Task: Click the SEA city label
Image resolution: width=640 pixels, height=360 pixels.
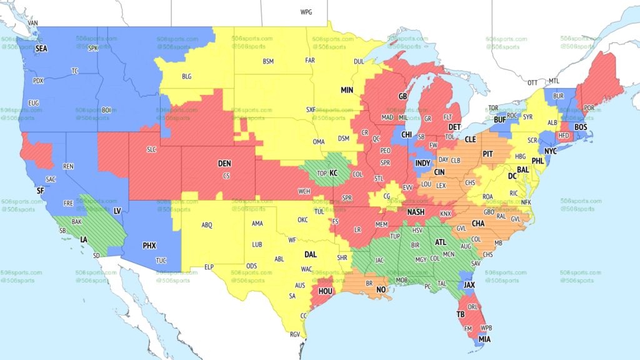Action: (41, 48)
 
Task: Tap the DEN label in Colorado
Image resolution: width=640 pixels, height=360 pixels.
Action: (224, 163)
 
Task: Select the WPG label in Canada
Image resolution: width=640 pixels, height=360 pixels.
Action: (306, 12)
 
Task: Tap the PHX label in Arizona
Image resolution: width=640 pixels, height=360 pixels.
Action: (149, 246)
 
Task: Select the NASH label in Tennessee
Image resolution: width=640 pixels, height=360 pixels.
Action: (416, 212)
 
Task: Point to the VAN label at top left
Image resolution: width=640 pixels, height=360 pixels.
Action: (33, 23)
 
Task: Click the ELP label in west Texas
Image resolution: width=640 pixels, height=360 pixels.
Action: (209, 267)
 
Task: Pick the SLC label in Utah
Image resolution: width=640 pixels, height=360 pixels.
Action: (152, 149)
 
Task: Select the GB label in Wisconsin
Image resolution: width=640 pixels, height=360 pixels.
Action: (403, 96)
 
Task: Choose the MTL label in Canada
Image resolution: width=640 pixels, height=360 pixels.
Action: (554, 81)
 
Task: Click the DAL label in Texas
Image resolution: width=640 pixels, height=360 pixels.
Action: (310, 254)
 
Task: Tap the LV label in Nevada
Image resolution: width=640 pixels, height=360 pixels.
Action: (117, 212)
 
